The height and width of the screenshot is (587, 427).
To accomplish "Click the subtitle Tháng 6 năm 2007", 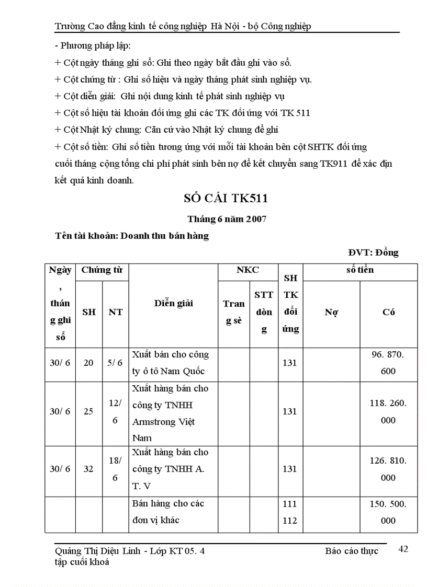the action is click(x=227, y=220).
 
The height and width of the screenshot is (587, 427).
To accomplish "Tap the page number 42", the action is click(x=403, y=549).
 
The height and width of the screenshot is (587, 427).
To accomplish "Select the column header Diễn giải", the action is click(x=173, y=303).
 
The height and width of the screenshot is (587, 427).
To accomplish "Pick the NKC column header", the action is click(x=248, y=270).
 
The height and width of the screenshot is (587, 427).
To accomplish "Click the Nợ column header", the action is click(x=331, y=312).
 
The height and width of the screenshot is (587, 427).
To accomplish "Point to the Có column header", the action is click(x=388, y=312).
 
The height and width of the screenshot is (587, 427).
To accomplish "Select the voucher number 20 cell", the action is click(x=89, y=363).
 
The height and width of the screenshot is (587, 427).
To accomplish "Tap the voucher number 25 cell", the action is click(x=89, y=411).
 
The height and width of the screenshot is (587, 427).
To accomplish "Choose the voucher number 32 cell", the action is click(x=89, y=469).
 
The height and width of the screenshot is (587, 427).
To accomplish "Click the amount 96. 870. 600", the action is click(x=388, y=363).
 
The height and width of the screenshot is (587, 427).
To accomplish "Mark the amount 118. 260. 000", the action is click(x=388, y=411).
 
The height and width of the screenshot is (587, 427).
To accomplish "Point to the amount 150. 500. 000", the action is click(x=388, y=512).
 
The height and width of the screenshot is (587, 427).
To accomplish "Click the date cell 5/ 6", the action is click(x=115, y=363).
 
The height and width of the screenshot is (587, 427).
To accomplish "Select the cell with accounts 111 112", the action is click(x=289, y=512).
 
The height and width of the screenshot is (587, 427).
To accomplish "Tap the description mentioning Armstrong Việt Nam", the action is click(x=171, y=413).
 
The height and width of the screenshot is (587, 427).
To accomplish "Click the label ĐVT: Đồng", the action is click(x=373, y=252).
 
